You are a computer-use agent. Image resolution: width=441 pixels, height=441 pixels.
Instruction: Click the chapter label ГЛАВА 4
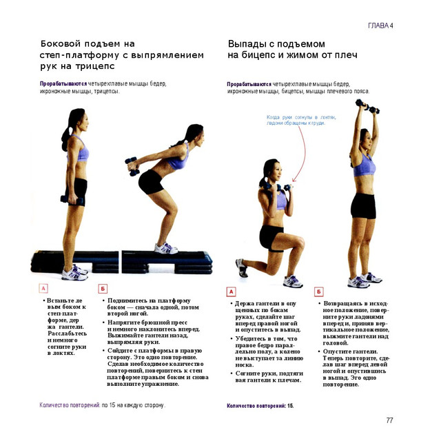pos(380,25)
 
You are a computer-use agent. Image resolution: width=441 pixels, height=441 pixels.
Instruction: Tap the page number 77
pos(389,420)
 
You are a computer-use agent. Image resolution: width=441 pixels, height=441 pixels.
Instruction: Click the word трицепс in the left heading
pos(95,66)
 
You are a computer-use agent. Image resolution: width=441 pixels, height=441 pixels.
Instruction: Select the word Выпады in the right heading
pos(245,44)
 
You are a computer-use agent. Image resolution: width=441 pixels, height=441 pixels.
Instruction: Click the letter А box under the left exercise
pos(43,288)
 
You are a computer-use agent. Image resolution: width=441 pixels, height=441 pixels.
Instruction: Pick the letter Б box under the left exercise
pos(103,289)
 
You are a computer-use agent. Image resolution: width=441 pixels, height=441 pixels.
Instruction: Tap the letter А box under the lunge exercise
pos(231,291)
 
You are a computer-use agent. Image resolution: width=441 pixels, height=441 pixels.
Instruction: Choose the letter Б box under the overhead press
pos(318,291)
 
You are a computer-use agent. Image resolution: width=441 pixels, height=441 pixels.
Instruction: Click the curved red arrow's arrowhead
pos(294,180)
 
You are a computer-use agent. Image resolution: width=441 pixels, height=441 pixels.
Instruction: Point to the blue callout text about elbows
pos(301,120)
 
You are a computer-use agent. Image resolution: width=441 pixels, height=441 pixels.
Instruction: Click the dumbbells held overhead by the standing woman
pos(367,107)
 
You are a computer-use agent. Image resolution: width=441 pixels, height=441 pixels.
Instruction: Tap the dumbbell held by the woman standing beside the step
pos(72,200)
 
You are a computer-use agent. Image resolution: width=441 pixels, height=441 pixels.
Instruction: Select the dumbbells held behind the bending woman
pos(132,166)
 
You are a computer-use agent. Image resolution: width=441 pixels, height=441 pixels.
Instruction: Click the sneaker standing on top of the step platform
pos(166,248)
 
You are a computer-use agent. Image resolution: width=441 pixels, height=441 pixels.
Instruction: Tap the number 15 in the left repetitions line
pos(112,405)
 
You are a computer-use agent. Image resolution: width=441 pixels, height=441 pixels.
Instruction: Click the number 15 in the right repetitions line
pos(290,406)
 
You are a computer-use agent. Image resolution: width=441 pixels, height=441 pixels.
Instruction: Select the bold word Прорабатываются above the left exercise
pos(63,84)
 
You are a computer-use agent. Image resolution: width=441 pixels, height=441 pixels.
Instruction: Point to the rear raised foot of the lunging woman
pos(241,268)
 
